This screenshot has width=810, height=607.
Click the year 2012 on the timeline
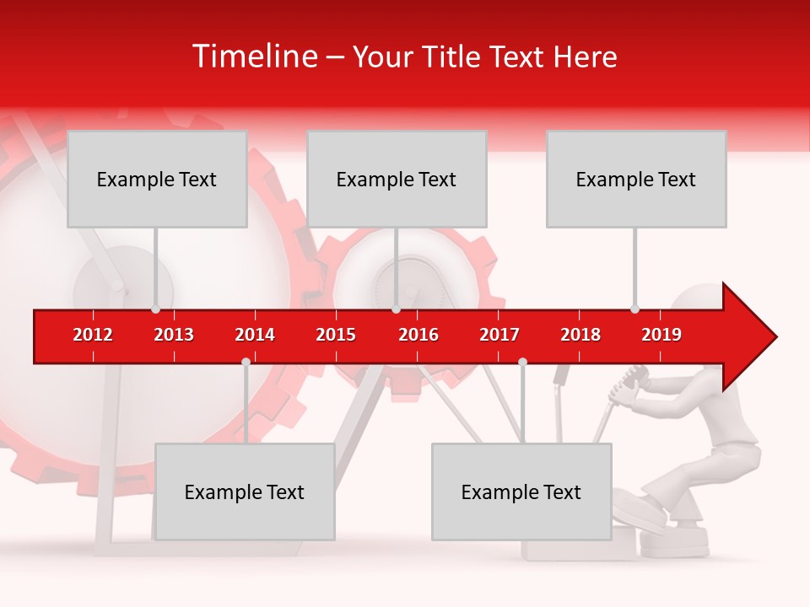tap(93, 335)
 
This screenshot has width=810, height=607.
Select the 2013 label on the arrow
tap(174, 335)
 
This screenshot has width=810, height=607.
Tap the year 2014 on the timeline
tap(255, 335)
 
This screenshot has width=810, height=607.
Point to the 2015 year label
tap(336, 335)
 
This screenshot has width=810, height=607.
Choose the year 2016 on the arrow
tap(418, 335)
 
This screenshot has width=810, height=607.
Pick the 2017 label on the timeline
tap(499, 335)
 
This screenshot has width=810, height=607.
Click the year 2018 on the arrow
tap(580, 335)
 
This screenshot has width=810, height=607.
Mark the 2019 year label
tap(661, 335)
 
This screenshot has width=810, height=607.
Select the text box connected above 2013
tap(157, 179)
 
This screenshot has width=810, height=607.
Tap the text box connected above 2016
tap(397, 179)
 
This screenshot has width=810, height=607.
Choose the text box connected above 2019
tap(636, 179)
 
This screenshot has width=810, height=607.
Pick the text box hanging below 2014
tap(245, 492)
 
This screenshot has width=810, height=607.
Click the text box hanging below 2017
tap(521, 492)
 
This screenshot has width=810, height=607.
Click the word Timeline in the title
tap(254, 56)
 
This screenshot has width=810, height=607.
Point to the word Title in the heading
tap(454, 56)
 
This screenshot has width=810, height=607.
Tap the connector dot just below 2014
tap(246, 362)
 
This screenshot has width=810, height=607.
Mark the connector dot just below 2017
tap(522, 362)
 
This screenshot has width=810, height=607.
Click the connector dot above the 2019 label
tap(634, 309)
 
